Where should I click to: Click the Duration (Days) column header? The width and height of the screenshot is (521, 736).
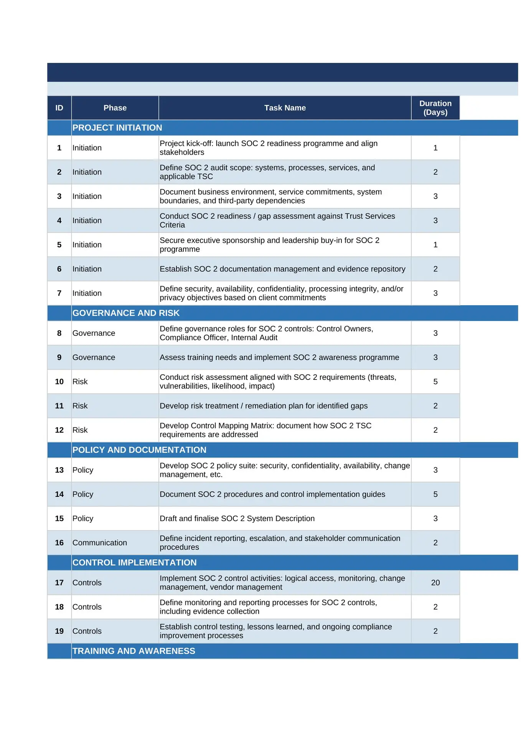(435, 108)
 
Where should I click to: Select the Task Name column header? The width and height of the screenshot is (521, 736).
(285, 108)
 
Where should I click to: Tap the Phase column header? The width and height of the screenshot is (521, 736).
(115, 108)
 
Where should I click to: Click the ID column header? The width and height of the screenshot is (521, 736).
(59, 108)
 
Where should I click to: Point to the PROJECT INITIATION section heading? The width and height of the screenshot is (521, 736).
(117, 128)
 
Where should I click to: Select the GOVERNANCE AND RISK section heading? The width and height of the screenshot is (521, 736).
(126, 313)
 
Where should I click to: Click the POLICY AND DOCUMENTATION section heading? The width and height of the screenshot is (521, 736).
(139, 450)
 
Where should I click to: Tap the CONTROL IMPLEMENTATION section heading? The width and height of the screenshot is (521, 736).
(134, 562)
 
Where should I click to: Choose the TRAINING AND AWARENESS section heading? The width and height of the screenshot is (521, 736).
(134, 651)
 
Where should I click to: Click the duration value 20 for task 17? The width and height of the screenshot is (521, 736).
(435, 583)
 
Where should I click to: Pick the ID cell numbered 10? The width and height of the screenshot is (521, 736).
(59, 381)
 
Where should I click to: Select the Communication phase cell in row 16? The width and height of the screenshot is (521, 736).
(100, 542)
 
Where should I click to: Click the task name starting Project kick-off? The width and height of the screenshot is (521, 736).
(269, 148)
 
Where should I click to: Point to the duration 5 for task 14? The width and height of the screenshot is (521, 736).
(435, 494)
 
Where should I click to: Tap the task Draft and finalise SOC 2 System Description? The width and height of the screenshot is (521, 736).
(237, 518)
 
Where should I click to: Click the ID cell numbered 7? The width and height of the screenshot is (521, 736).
(59, 293)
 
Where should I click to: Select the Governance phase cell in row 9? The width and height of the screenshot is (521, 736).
(94, 357)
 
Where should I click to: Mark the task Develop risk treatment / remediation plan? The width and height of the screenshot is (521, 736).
(264, 406)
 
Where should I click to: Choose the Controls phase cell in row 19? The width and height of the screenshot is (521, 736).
(87, 631)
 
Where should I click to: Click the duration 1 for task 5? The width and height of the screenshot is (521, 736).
(435, 245)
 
